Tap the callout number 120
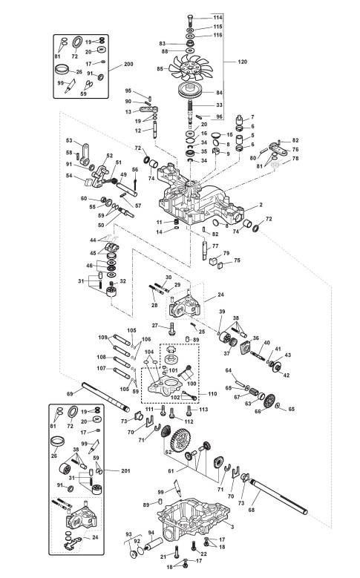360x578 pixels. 242,62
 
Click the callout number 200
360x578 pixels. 128,64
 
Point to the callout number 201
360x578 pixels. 125,470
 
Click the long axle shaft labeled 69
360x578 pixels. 106,398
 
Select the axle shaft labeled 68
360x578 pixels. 279,495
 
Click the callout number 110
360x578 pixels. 212,394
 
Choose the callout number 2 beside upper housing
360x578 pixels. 261,205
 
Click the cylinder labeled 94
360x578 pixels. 154,544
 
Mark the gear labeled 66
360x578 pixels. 269,400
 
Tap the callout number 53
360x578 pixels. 69,140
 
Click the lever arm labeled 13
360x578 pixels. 148,109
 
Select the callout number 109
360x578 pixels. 102,338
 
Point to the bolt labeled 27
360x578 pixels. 172,329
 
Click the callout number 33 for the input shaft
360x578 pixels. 219,105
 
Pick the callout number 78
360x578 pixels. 295,159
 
